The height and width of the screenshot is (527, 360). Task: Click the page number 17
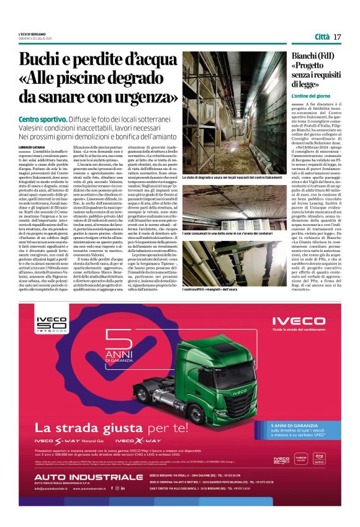tap(338, 37)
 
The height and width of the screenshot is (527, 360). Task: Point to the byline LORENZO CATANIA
tap(34, 129)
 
